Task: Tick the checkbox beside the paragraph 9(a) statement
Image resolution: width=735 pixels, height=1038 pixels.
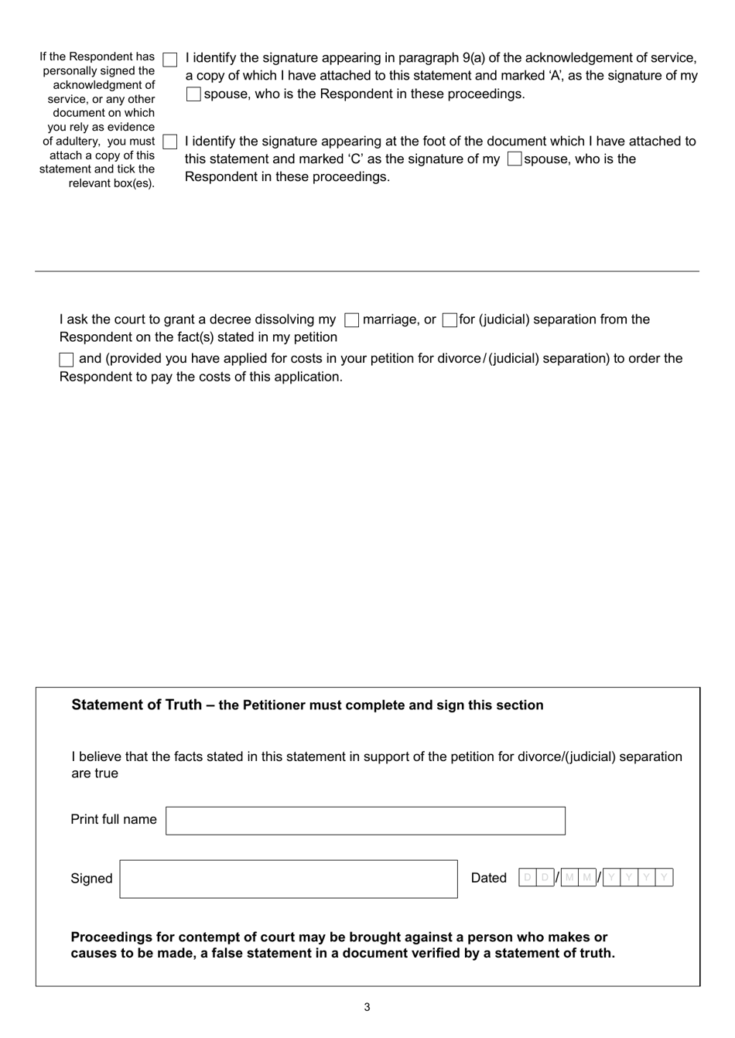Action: (x=170, y=60)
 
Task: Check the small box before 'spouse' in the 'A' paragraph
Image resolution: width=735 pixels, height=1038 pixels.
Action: (x=193, y=94)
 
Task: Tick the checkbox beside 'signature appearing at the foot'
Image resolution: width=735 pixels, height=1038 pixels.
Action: (x=170, y=142)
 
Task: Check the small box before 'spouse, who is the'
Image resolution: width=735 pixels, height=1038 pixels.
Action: (x=514, y=159)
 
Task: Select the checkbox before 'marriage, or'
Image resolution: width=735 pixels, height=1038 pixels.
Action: (x=351, y=320)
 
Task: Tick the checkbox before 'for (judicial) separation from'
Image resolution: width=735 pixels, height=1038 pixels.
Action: (x=450, y=320)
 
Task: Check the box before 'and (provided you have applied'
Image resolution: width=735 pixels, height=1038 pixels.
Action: (x=67, y=360)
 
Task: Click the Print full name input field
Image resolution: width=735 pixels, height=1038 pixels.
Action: (x=365, y=821)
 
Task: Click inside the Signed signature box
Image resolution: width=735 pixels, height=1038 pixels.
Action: (x=288, y=879)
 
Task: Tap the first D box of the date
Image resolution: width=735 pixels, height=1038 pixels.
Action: (x=528, y=877)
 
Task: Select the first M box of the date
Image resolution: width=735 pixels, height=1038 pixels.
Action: (x=570, y=877)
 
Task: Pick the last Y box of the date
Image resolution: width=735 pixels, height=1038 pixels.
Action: (x=664, y=877)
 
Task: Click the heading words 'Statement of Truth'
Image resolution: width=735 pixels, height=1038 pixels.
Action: (x=137, y=705)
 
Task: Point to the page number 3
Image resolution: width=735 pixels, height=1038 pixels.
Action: (x=367, y=1007)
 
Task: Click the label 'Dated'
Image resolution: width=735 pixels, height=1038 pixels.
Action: (x=488, y=878)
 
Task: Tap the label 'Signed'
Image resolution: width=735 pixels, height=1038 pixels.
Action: (x=91, y=879)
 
